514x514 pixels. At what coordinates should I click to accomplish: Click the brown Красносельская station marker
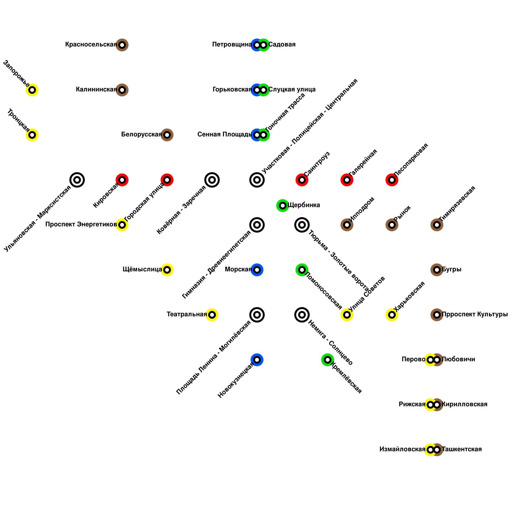click(x=122, y=45)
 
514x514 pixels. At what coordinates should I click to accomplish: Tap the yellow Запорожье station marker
click(x=32, y=90)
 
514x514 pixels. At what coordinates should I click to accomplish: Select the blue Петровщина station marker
click(x=257, y=45)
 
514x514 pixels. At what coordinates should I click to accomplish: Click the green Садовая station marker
click(x=264, y=45)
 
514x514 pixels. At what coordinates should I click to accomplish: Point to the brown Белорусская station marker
click(x=167, y=135)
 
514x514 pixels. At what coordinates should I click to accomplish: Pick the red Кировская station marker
click(x=122, y=180)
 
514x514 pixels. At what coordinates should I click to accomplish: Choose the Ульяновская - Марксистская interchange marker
click(x=77, y=180)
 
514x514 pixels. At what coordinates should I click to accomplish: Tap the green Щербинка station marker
click(x=283, y=206)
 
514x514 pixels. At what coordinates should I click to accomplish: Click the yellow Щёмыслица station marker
click(x=167, y=270)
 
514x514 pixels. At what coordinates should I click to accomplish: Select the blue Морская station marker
click(x=257, y=270)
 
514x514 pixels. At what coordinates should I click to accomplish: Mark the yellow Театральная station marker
click(x=212, y=315)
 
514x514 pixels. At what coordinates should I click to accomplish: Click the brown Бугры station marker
click(x=437, y=270)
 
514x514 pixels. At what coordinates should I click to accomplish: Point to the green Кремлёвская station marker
click(x=328, y=360)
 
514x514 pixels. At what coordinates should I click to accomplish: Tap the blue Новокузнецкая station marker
click(x=257, y=360)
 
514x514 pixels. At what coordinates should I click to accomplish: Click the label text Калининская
click(x=96, y=90)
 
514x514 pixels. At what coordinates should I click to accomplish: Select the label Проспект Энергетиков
click(x=81, y=225)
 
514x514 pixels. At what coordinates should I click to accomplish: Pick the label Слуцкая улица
click(x=292, y=90)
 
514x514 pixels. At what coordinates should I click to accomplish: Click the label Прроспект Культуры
click(x=475, y=315)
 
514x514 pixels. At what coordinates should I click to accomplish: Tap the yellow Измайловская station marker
click(x=430, y=450)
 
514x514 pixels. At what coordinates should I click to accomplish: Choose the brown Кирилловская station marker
click(x=437, y=405)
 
